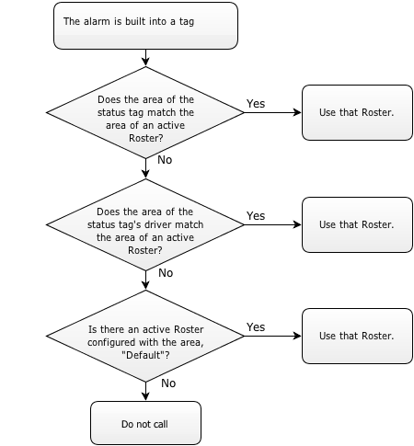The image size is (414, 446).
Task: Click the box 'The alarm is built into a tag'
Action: click(x=145, y=26)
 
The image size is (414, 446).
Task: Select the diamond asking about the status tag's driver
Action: click(x=145, y=224)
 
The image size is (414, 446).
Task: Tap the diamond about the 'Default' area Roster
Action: click(x=145, y=336)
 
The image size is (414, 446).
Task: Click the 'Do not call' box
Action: click(x=145, y=423)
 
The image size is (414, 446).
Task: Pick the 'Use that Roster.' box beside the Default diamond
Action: click(x=357, y=336)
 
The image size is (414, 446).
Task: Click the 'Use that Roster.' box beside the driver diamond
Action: click(x=357, y=224)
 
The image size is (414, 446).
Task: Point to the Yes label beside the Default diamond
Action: click(x=256, y=327)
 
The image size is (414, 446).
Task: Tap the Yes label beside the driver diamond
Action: click(x=256, y=216)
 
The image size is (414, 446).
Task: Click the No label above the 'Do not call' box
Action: click(x=168, y=383)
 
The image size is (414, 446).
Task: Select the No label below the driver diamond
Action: click(x=166, y=273)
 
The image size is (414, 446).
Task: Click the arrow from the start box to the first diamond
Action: click(x=145, y=58)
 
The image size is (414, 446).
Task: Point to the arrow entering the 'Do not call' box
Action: click(x=145, y=391)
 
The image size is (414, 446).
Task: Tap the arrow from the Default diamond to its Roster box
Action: click(x=273, y=336)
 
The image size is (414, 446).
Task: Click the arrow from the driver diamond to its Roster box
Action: click(x=273, y=224)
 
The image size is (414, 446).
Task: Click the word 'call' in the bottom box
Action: click(x=160, y=424)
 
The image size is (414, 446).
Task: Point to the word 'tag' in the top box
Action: click(x=187, y=22)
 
